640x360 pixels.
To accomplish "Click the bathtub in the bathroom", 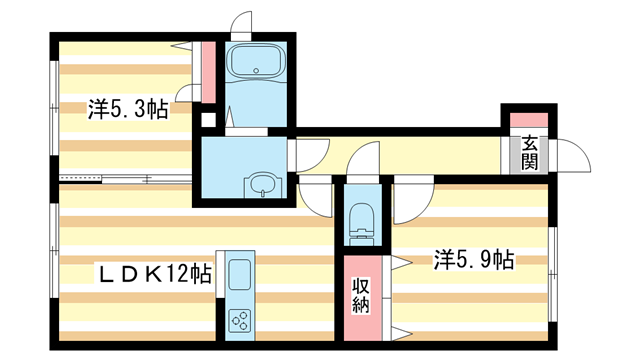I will pos(257,64).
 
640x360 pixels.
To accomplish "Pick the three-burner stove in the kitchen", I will pos(240,320).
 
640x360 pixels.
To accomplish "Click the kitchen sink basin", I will pos(240,273).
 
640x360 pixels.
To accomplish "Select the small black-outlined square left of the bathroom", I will pos(208,120).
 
